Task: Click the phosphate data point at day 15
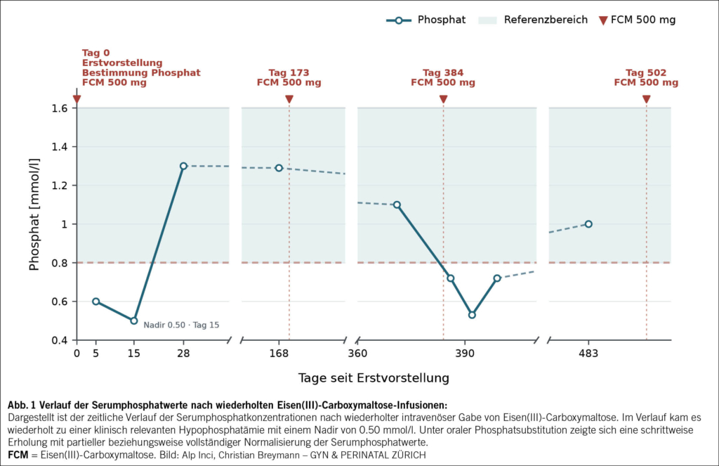[x=134, y=321]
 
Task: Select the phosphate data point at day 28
[x=183, y=166]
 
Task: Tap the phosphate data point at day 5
[x=95, y=302]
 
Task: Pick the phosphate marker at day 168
[x=279, y=168]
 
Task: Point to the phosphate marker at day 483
[x=589, y=224]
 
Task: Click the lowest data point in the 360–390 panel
[x=472, y=315]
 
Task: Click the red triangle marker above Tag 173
[x=289, y=99]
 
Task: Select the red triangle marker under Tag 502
[x=647, y=99]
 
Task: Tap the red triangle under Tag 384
[x=444, y=99]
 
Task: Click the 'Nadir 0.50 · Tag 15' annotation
[x=181, y=325]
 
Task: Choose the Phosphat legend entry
[x=426, y=20]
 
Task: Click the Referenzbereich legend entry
[x=533, y=20]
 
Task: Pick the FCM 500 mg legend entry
[x=638, y=20]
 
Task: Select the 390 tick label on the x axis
[x=465, y=354]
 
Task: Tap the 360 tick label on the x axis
[x=357, y=354]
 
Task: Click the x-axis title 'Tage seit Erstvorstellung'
[x=374, y=378]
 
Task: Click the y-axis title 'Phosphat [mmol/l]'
[x=34, y=214]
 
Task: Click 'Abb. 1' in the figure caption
[x=21, y=405]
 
